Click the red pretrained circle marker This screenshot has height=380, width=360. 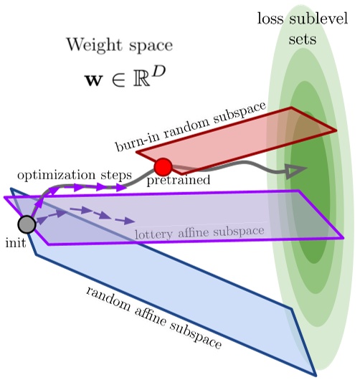point(163,167)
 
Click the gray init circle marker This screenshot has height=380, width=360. point(27,224)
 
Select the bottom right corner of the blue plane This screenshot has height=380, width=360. point(315,374)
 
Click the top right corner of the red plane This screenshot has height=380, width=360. point(336,131)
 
